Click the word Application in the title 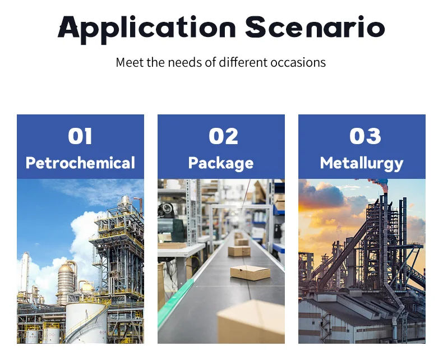[146, 29]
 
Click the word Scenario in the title [315, 27]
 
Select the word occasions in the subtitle [298, 62]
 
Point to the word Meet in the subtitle [130, 62]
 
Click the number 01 [80, 136]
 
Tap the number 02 [224, 136]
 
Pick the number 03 [365, 136]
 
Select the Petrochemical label [80, 163]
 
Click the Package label [221, 164]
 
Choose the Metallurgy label [362, 164]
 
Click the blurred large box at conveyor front [251, 322]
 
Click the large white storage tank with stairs [86, 322]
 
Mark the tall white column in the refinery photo [25, 271]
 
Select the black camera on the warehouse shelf [166, 210]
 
